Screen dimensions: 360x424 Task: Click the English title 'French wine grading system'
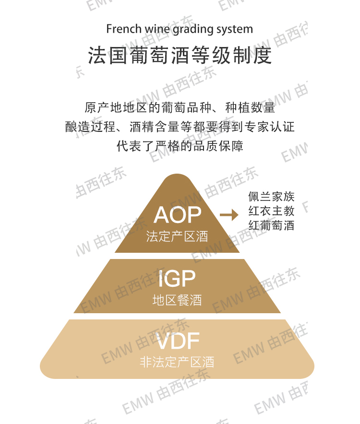180,29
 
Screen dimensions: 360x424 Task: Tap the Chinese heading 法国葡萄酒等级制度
180,56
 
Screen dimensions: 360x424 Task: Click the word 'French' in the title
121,29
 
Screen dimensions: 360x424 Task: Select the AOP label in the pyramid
177,215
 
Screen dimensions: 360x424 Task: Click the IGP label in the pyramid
177,279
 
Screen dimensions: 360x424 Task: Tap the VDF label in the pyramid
177,342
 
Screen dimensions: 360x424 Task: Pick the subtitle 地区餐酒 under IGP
177,300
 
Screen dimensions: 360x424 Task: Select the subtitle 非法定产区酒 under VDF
177,362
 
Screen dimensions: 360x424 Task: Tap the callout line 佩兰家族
271,196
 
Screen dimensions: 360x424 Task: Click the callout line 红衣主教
271,211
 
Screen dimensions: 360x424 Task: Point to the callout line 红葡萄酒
271,225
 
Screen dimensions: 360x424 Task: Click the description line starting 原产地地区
180,107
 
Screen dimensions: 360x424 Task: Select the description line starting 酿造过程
180,127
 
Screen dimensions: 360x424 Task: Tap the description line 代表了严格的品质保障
180,146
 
